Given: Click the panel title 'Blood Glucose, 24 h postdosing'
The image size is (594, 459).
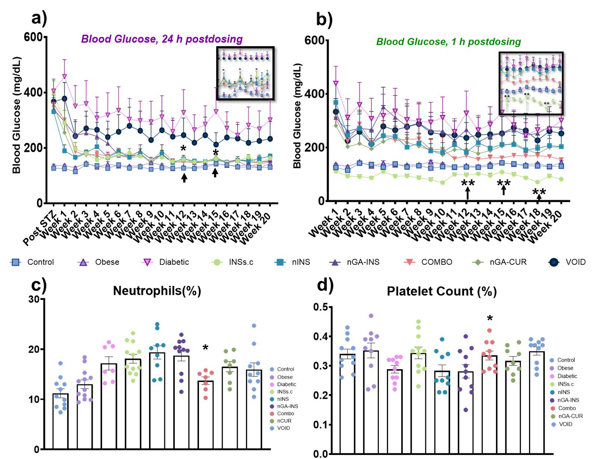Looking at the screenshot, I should pyautogui.click(x=162, y=39).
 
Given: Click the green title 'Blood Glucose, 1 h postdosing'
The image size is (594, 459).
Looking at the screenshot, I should pyautogui.click(x=448, y=42).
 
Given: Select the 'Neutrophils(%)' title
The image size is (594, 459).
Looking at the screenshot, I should pyautogui.click(x=157, y=291).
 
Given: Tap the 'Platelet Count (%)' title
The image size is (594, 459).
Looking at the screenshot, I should pyautogui.click(x=442, y=291).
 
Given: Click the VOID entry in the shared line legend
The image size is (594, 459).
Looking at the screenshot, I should pyautogui.click(x=575, y=262).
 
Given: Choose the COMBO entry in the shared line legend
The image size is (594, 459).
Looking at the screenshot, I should pyautogui.click(x=436, y=262).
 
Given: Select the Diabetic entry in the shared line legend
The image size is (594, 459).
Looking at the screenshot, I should pyautogui.click(x=174, y=262).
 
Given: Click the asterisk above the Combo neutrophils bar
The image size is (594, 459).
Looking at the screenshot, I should pyautogui.click(x=205, y=348).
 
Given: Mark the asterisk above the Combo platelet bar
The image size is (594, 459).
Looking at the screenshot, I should pyautogui.click(x=490, y=319).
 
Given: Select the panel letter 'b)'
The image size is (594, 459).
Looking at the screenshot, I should pyautogui.click(x=324, y=19).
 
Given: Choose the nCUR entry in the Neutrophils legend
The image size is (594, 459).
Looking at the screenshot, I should pyautogui.click(x=284, y=421).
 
